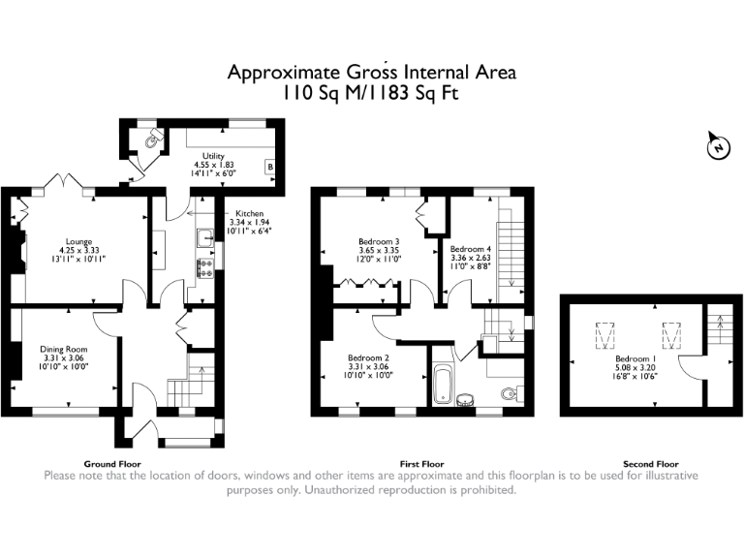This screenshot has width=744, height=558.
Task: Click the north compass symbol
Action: pyautogui.click(x=717, y=147)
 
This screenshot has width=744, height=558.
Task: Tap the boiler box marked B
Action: pyautogui.click(x=269, y=167)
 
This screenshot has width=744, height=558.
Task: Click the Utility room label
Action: pyautogui.click(x=213, y=156)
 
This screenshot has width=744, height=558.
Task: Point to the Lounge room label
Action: pyautogui.click(x=78, y=240)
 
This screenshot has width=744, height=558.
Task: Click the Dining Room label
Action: pyautogui.click(x=63, y=349)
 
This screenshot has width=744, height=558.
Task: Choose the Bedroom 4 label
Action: pyautogui.click(x=471, y=249)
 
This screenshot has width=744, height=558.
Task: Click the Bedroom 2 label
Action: pyautogui.click(x=369, y=357)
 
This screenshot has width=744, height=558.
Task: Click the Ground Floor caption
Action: pyautogui.click(x=113, y=464)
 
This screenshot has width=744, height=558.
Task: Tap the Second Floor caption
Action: pyautogui.click(x=651, y=464)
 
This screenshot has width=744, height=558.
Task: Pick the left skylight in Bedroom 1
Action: pyautogui.click(x=607, y=336)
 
